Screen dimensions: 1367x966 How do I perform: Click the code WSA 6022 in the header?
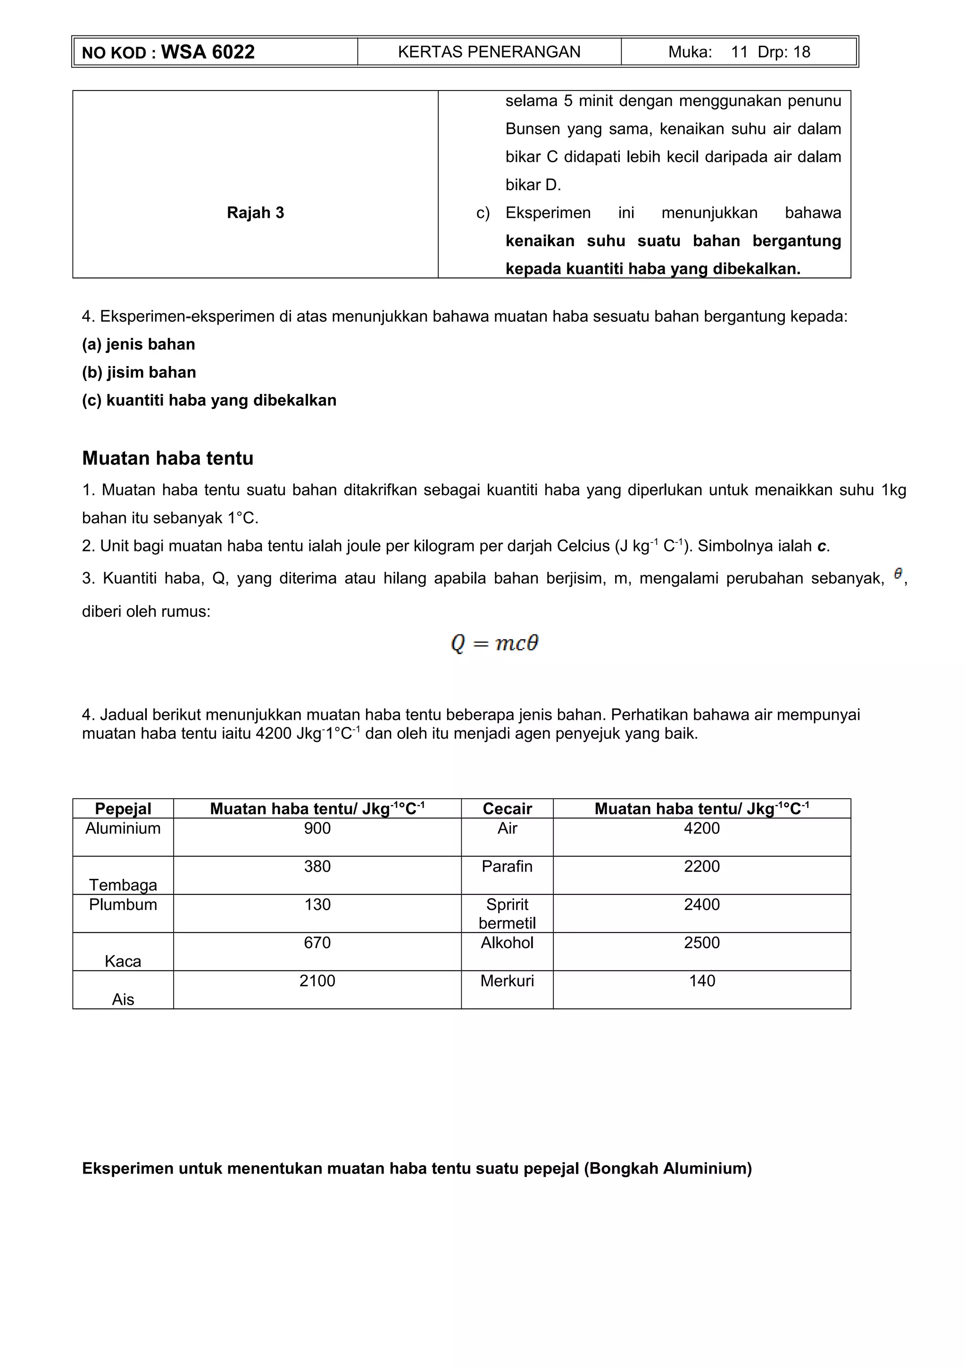[207, 52]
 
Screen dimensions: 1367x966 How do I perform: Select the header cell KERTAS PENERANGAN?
[489, 52]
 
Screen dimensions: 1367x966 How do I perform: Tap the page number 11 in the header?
[739, 52]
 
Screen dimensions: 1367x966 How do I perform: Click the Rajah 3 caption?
[255, 213]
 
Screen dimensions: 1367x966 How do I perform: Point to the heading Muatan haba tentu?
[168, 458]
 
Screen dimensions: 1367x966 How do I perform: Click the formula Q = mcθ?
[495, 643]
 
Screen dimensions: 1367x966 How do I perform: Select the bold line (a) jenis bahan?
[138, 344]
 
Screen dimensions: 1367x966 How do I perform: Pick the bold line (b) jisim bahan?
[139, 372]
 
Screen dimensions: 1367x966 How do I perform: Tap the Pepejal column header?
[123, 809]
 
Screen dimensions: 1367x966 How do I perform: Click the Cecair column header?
[507, 809]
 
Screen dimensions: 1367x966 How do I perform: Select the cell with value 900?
[317, 828]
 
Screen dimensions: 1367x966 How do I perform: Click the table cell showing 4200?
[702, 828]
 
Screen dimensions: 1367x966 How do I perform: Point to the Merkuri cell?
[507, 981]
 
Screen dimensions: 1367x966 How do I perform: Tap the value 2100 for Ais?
[317, 981]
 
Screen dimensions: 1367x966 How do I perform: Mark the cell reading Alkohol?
[507, 942]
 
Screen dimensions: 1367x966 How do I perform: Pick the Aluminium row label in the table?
[123, 828]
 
